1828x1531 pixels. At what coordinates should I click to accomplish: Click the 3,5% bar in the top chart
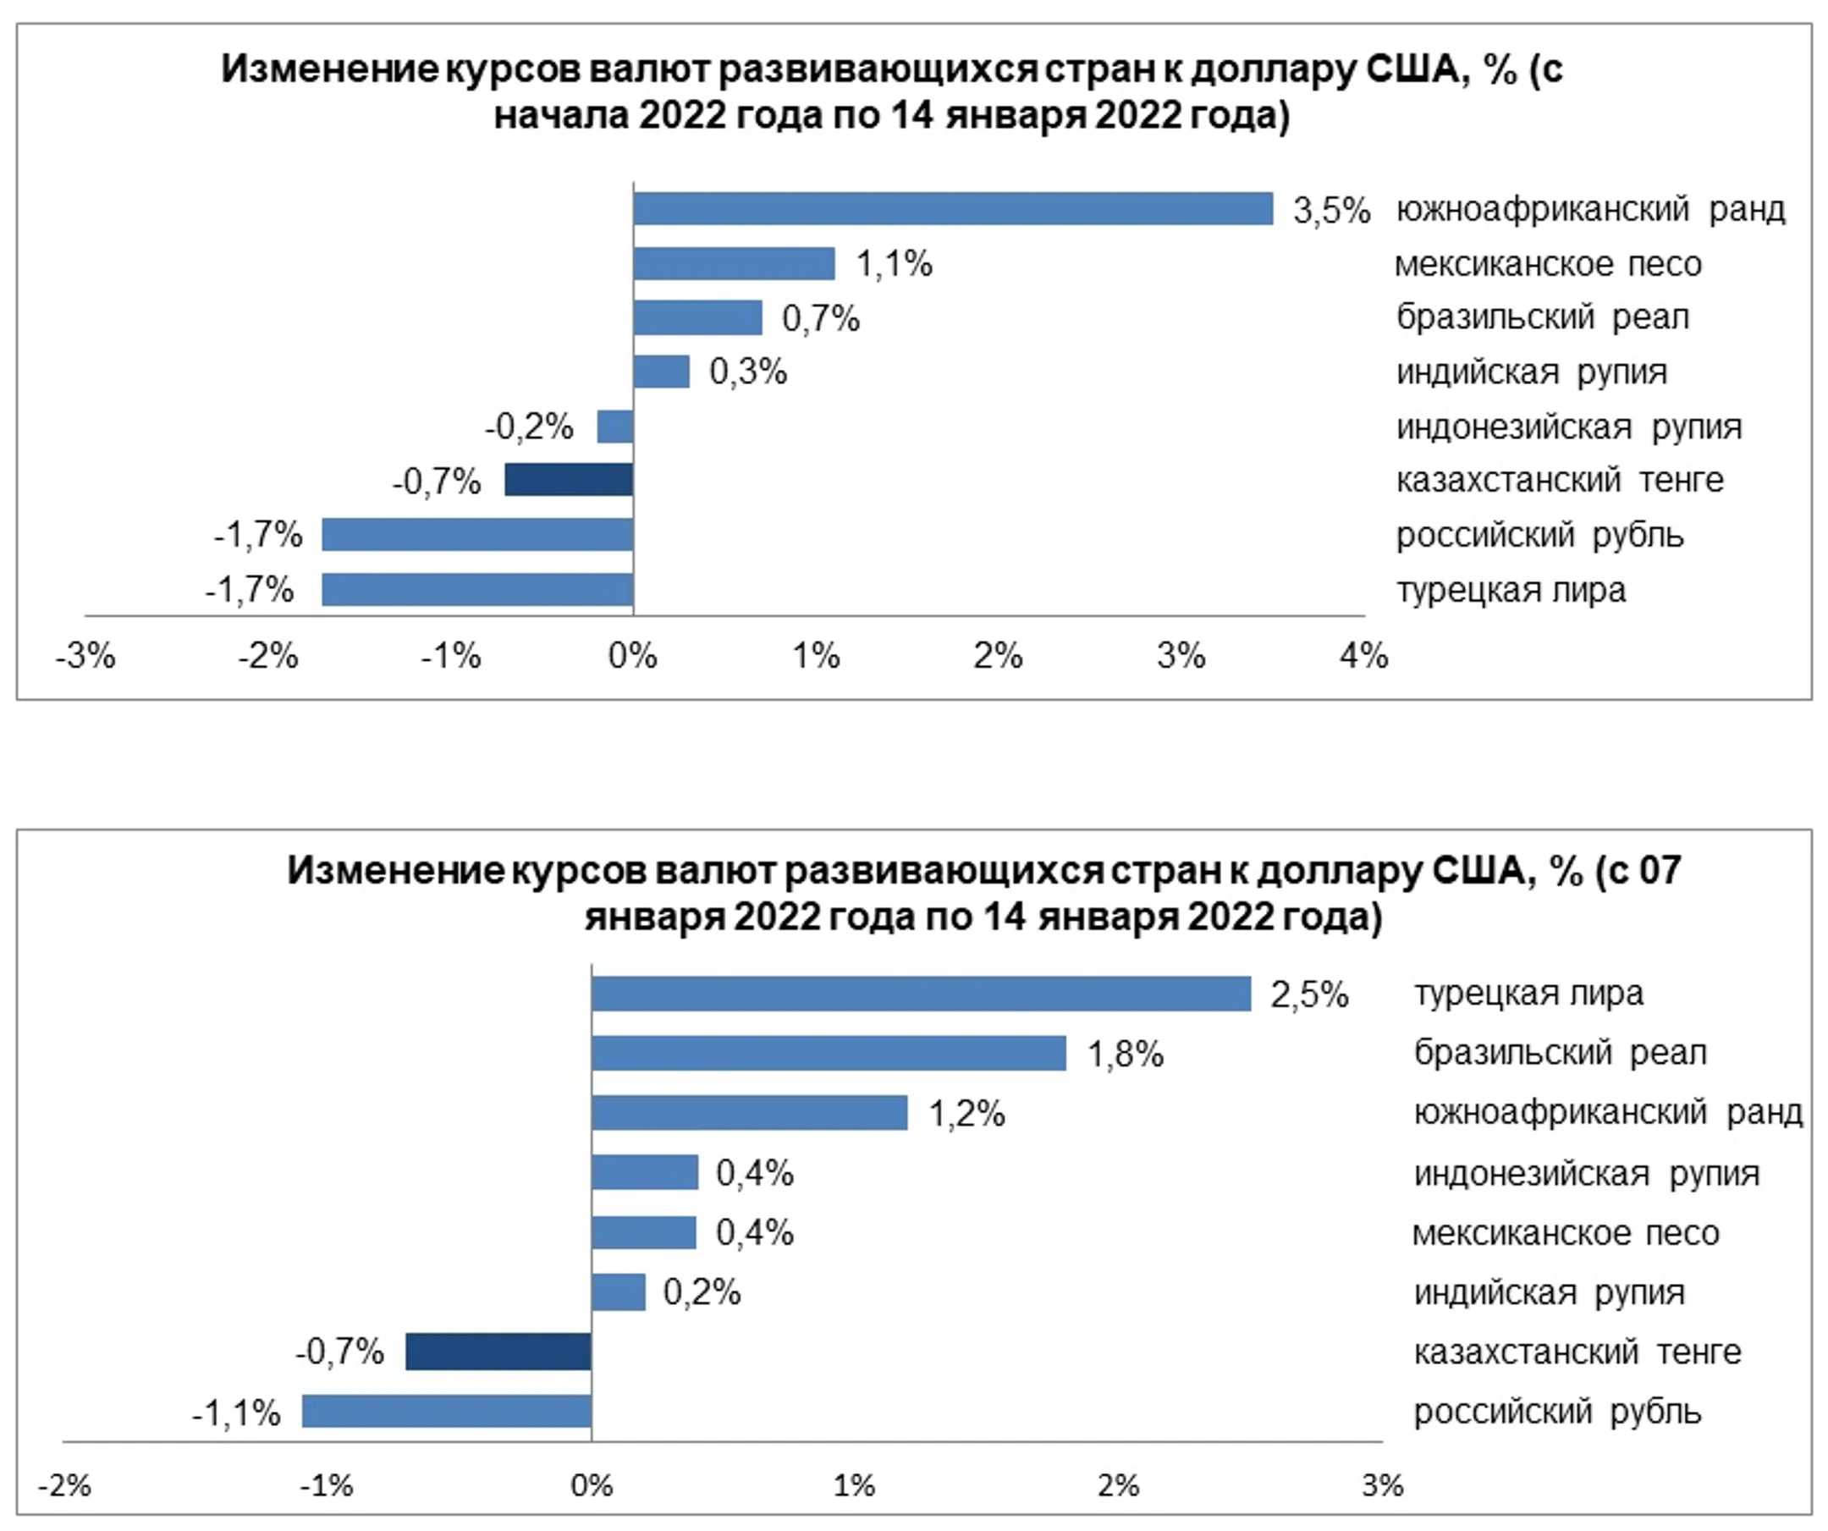click(952, 209)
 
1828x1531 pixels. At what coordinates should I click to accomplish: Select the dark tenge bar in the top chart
click(569, 480)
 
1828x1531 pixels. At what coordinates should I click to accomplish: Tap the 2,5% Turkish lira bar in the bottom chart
click(921, 994)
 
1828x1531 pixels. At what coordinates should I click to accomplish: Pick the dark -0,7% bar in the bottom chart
click(498, 1352)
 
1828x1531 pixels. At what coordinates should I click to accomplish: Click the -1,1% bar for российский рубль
click(447, 1411)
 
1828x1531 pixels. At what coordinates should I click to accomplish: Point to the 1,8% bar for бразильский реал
click(829, 1053)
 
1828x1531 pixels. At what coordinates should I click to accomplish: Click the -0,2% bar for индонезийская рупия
click(614, 427)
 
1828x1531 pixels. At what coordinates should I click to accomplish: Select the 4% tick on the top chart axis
click(1363, 655)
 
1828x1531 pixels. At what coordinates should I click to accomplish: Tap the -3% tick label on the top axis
click(85, 655)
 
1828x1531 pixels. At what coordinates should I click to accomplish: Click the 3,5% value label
click(1331, 211)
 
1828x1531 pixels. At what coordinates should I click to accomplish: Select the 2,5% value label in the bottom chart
click(1309, 994)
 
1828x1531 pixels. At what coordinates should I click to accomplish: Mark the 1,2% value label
click(966, 1114)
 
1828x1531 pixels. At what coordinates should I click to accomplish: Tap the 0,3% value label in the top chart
click(748, 372)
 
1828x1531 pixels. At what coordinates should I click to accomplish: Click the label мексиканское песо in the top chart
click(1548, 264)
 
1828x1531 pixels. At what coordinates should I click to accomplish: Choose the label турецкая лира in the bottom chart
click(1528, 993)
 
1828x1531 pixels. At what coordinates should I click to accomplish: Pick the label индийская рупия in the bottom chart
click(1550, 1292)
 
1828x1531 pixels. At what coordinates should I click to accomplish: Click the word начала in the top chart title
click(560, 115)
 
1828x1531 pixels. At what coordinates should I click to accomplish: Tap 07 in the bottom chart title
click(1660, 870)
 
